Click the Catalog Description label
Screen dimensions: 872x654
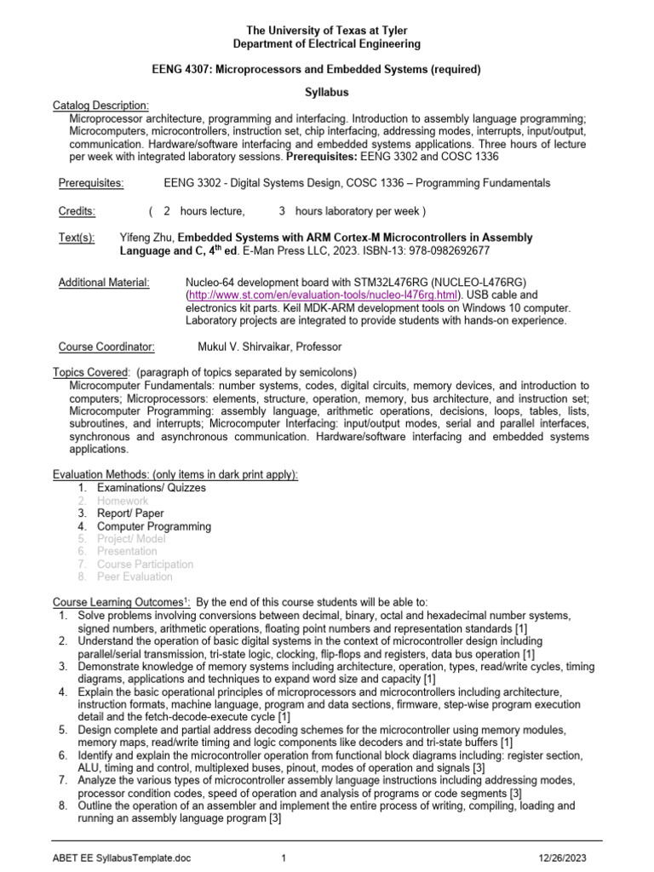100,105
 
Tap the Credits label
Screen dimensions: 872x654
77,211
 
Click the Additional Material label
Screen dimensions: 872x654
104,282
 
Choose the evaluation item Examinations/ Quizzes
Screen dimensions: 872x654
151,488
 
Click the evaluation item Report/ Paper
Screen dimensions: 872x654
130,513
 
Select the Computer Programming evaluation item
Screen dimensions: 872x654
153,526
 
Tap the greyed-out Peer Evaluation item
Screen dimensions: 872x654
135,577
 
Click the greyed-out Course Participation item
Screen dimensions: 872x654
145,564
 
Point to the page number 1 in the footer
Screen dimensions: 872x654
283,858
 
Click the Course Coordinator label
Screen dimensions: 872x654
106,347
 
